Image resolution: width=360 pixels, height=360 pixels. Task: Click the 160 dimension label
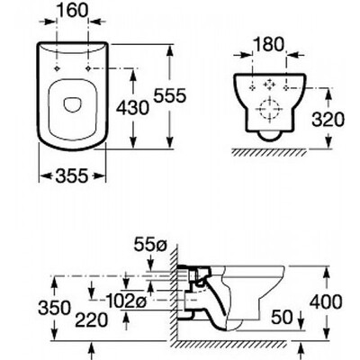coord(72,11)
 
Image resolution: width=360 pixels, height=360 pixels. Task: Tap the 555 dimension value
coord(170,96)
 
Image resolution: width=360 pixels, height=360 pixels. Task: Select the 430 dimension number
coord(132,107)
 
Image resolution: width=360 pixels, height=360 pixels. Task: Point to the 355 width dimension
coord(72,175)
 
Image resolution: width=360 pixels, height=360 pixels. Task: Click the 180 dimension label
coord(269,45)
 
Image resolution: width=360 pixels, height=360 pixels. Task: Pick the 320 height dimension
coord(328,120)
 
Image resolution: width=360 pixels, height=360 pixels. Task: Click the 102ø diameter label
coord(126,301)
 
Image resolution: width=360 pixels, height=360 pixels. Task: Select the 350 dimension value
coord(55,308)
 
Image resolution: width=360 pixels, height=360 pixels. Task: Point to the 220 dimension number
coord(91,319)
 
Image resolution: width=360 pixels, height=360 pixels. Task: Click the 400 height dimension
coord(326,301)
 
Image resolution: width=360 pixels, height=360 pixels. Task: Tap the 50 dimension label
coord(282,317)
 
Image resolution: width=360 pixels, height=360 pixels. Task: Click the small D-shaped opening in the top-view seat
coord(72,105)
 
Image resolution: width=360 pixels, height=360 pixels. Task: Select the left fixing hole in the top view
coord(57,69)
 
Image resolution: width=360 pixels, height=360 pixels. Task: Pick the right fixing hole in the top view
coord(88,69)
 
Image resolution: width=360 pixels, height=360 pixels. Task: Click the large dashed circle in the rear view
coord(270,110)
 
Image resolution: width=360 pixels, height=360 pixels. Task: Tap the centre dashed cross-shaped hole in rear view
coord(269,85)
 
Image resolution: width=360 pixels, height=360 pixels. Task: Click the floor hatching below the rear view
coord(269,152)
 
